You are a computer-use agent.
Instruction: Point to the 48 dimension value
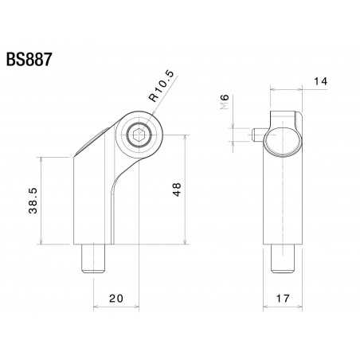[x=177, y=189]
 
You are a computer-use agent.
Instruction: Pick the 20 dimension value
[x=115, y=299]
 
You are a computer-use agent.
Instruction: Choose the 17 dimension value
[x=283, y=299]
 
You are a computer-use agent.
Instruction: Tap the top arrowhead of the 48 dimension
[x=187, y=138]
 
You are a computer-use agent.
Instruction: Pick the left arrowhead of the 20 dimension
[x=96, y=307]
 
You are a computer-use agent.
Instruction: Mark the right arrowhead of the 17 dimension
[x=302, y=307]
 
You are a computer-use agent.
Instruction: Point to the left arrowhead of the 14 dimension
[x=273, y=90]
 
